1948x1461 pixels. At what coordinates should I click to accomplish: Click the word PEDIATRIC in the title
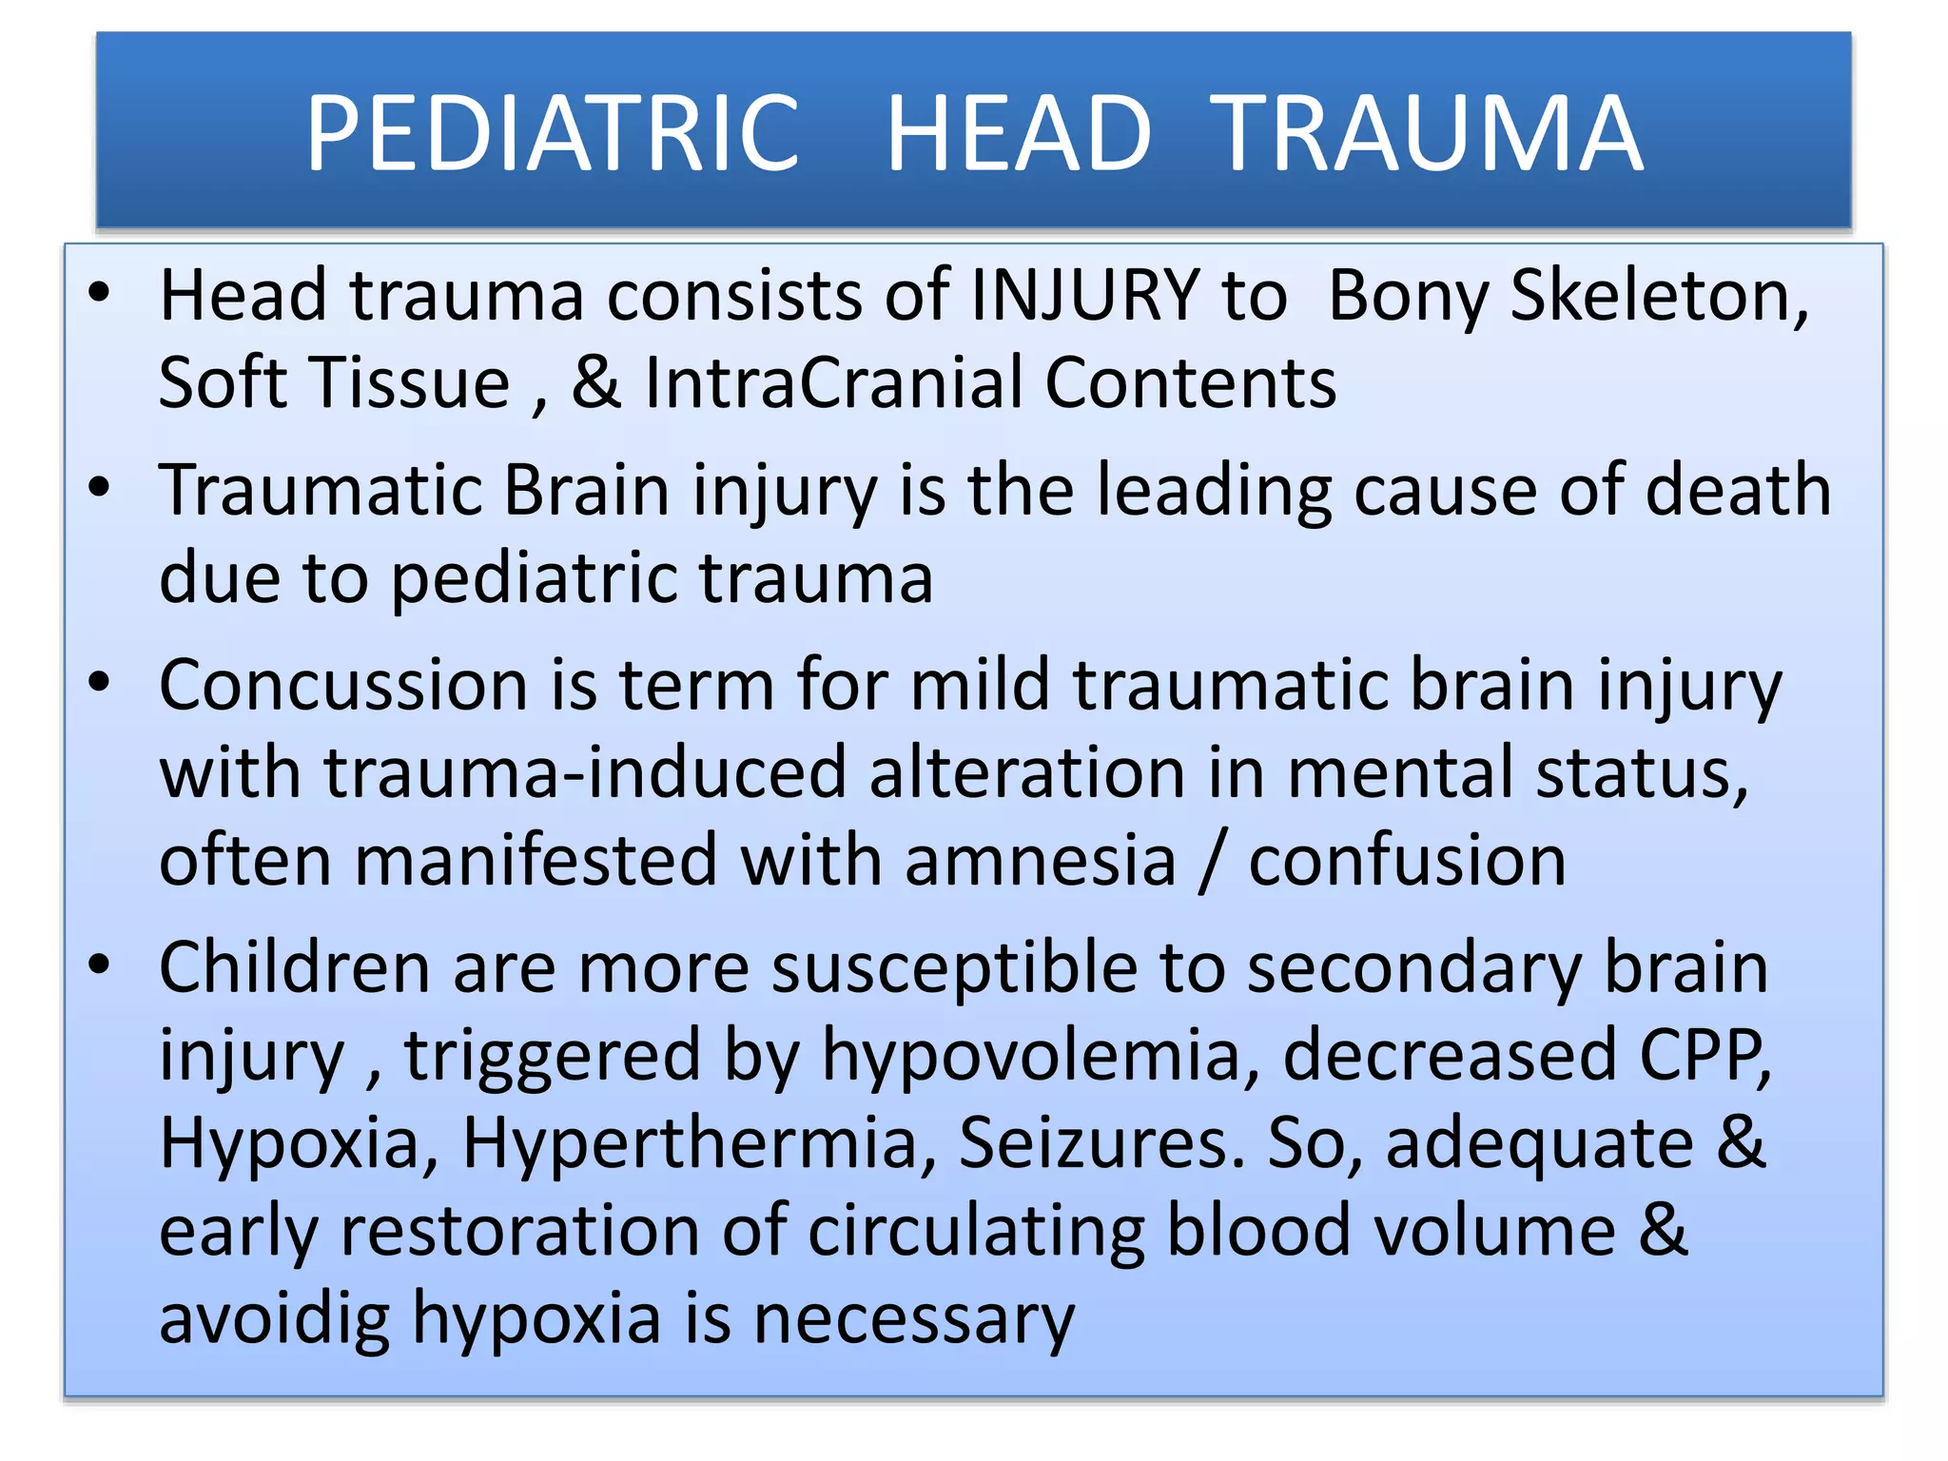pos(552,134)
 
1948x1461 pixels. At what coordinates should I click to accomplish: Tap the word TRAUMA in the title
pos(1430,134)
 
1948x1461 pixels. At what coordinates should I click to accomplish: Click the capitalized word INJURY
pos(1085,296)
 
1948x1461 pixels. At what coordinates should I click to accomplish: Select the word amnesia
pos(1041,861)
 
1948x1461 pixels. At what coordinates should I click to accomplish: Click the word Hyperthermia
pos(689,1142)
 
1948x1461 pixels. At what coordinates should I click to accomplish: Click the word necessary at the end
pos(914,1320)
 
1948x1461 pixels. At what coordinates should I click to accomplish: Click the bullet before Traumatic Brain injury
pos(99,488)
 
